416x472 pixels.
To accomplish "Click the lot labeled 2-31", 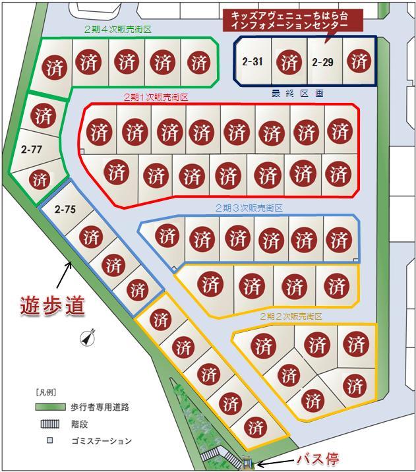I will tap(253, 63).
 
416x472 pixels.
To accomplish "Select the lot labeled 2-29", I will tap(322, 63).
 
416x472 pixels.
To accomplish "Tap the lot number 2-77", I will tap(31, 150).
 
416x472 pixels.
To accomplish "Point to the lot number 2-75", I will tap(65, 210).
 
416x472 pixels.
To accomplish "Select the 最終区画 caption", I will tap(297, 94).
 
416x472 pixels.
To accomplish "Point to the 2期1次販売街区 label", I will tap(156, 97).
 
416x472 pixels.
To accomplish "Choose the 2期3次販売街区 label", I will tap(249, 208).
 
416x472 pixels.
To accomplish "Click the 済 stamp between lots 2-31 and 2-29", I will tap(289, 63).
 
